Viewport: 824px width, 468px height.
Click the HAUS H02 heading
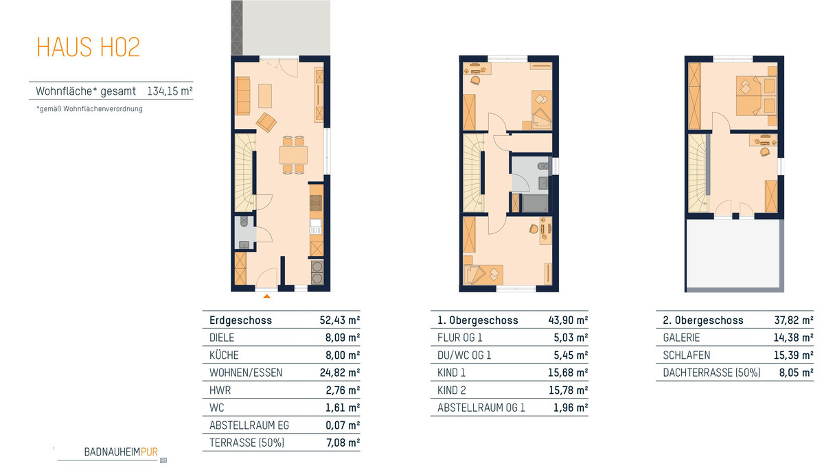89,47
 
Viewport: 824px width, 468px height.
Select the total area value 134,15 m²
170,91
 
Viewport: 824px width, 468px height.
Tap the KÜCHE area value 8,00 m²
343,355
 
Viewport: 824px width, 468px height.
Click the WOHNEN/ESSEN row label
246,373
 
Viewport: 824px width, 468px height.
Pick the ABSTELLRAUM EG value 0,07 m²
343,425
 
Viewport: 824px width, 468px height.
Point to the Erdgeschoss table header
240,320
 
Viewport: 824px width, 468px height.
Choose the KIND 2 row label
451,390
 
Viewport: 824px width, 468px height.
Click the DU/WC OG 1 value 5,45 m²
571,355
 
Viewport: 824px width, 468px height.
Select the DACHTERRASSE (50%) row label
711,373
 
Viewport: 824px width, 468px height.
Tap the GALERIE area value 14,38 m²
794,338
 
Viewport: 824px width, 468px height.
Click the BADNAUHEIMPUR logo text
121,452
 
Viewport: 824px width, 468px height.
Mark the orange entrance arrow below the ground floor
266,296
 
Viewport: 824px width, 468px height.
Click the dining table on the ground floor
293,155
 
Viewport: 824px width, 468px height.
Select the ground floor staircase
244,172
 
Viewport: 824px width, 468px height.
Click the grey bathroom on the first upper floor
530,184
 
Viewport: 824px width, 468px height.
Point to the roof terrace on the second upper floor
733,254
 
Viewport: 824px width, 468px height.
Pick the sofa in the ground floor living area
242,96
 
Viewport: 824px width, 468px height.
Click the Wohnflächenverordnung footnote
89,109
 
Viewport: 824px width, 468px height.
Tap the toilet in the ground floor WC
244,222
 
